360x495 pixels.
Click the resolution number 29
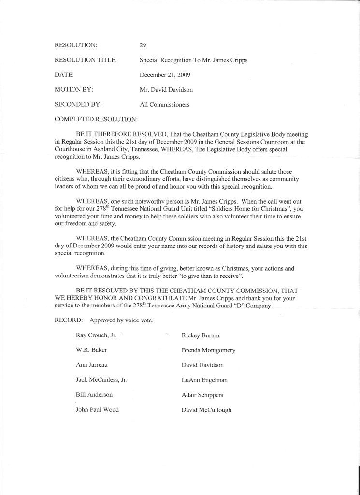[143, 45]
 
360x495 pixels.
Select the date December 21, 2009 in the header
[165, 75]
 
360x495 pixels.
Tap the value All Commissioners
[165, 104]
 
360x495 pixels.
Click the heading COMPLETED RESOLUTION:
[97, 119]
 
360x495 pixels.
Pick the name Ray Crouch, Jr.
[97, 335]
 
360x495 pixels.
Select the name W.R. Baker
[91, 350]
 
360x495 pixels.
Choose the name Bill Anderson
[94, 395]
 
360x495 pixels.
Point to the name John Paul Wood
[97, 410]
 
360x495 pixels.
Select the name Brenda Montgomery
[208, 350]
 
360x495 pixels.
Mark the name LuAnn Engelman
[204, 380]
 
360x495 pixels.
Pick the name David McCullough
[206, 410]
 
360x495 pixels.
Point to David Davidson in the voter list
[202, 365]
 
